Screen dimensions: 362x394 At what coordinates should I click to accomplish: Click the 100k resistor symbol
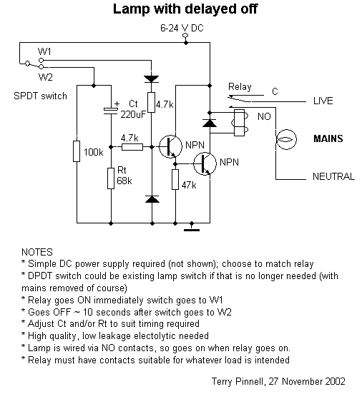pyautogui.click(x=77, y=151)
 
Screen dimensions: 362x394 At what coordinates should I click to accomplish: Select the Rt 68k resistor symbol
pyautogui.click(x=111, y=178)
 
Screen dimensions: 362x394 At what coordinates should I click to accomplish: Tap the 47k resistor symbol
pyautogui.click(x=175, y=179)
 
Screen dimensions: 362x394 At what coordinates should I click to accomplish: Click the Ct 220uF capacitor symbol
pyautogui.click(x=111, y=111)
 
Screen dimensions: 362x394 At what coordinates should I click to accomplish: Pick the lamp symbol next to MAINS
pyautogui.click(x=286, y=139)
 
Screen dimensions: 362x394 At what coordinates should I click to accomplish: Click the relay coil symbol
pyautogui.click(x=240, y=123)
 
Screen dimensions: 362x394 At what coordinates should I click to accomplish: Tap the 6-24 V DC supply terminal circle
pyautogui.click(x=186, y=36)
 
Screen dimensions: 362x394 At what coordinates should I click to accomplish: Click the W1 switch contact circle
pyautogui.click(x=41, y=60)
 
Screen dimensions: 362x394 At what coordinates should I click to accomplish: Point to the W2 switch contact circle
pyautogui.click(x=41, y=67)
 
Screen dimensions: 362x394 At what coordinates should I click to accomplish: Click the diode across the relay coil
pyautogui.click(x=210, y=123)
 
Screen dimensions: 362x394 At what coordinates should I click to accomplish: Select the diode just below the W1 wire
pyautogui.click(x=152, y=79)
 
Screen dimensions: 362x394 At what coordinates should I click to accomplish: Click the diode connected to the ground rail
pyautogui.click(x=152, y=199)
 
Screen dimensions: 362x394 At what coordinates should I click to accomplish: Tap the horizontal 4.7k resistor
pyautogui.click(x=132, y=147)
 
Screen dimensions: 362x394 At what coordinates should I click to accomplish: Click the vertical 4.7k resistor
pyautogui.click(x=151, y=102)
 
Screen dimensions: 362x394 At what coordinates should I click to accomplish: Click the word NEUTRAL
pyautogui.click(x=333, y=176)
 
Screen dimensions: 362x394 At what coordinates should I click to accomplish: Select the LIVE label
pyautogui.click(x=323, y=101)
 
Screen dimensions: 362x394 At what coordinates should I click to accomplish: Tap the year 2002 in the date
pyautogui.click(x=335, y=381)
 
